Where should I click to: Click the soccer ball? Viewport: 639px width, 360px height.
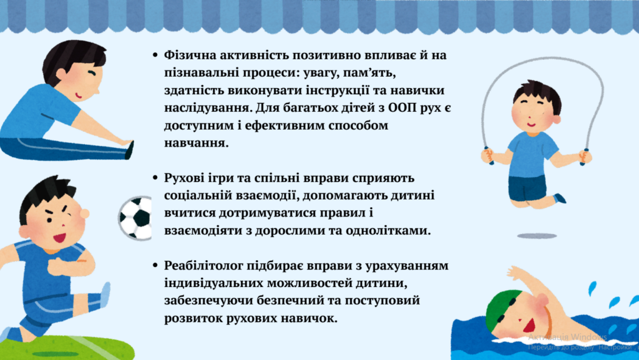[x=135, y=218]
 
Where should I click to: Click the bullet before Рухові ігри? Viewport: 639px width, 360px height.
[x=155, y=178]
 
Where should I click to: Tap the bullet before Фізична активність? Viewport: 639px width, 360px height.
[x=155, y=54]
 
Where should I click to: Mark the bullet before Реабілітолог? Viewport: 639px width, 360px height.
[x=155, y=266]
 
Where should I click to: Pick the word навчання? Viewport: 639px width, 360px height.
[x=197, y=144]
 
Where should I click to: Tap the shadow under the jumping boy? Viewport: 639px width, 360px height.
[x=537, y=236]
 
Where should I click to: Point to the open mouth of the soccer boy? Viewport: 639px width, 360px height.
[x=59, y=237]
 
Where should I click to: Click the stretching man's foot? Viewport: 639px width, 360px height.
[x=130, y=149]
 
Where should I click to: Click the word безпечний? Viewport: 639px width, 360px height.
[x=299, y=301]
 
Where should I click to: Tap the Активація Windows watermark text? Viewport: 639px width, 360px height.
[x=567, y=337]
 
